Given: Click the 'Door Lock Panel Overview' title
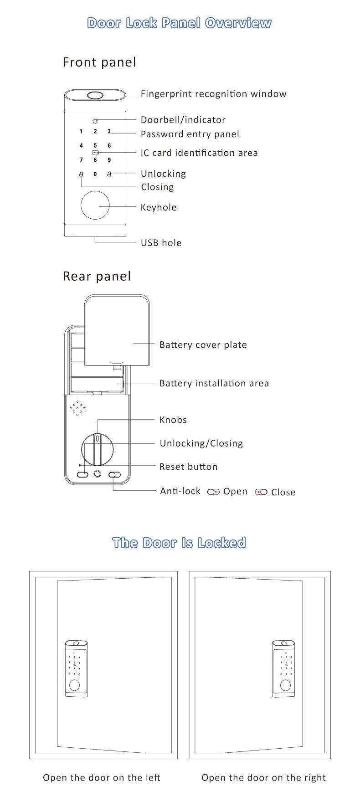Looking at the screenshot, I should click(x=179, y=23).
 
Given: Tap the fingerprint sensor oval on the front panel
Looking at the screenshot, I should click(x=95, y=96).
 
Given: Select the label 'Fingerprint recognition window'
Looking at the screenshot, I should click(x=213, y=94).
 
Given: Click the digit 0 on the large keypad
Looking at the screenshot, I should click(x=95, y=174).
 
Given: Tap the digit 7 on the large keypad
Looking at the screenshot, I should click(x=81, y=160).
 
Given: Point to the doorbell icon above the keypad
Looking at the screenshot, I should click(x=95, y=121).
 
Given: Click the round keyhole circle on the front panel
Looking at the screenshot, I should click(x=95, y=206).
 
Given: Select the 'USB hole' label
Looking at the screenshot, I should click(x=161, y=242).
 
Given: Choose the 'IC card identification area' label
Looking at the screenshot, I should click(x=199, y=153).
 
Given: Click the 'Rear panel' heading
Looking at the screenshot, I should click(x=97, y=276).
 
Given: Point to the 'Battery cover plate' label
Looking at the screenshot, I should click(x=203, y=344).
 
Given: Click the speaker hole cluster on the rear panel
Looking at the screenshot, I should click(x=77, y=408).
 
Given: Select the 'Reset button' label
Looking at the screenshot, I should click(x=188, y=467).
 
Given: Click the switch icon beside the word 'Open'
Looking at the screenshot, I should click(x=213, y=492).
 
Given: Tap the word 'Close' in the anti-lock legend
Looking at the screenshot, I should click(x=283, y=492).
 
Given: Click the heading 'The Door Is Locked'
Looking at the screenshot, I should click(x=179, y=543).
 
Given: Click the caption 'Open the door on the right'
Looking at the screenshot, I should click(x=263, y=777).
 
